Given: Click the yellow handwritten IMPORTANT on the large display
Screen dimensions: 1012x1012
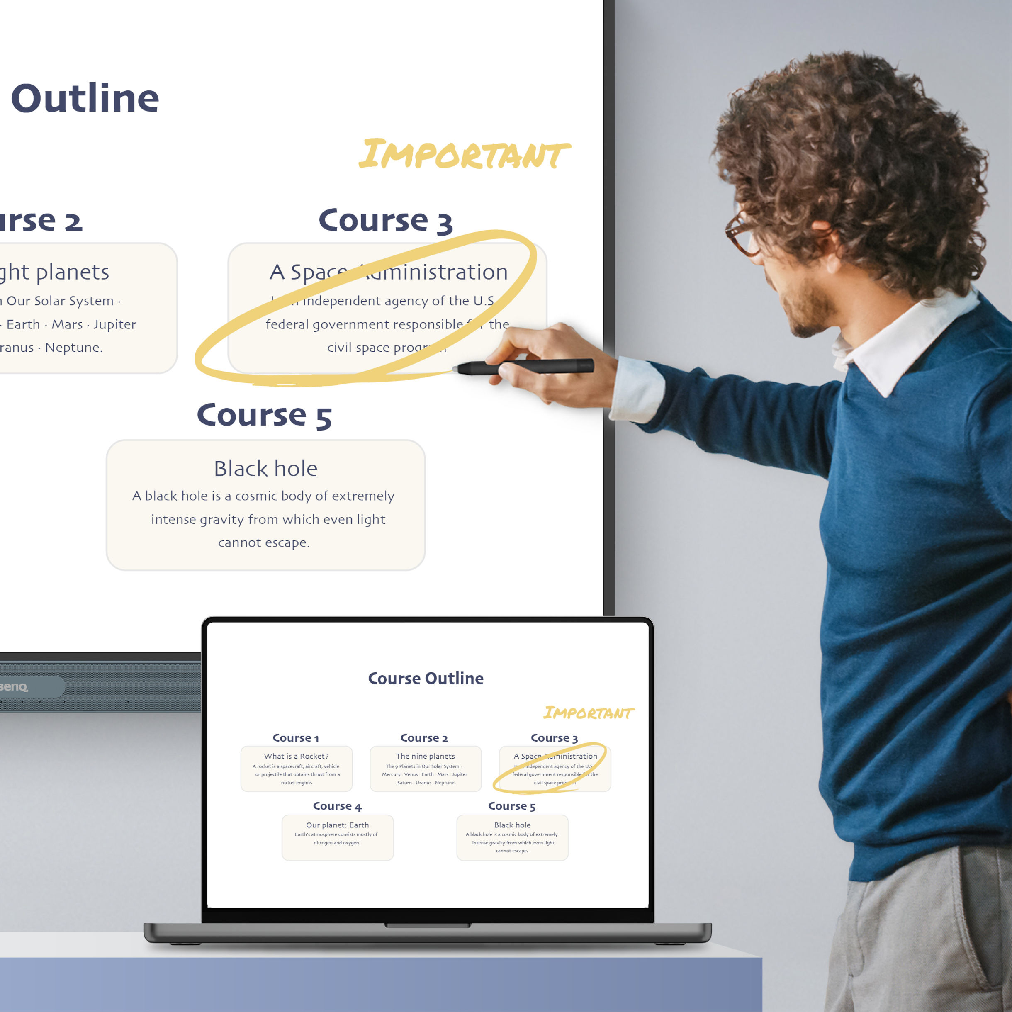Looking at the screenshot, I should (x=464, y=155).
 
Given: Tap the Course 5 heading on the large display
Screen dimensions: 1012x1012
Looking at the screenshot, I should (x=264, y=416).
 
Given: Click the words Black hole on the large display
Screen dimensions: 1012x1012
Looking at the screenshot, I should (x=265, y=469).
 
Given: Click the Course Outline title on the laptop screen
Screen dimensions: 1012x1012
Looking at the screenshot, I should (x=426, y=679).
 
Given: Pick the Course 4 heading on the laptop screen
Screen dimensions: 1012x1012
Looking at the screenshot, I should (x=337, y=806).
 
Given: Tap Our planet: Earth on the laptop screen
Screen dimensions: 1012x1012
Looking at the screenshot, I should (x=337, y=825).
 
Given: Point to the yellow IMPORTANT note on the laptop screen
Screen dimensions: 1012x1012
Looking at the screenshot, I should (x=588, y=713).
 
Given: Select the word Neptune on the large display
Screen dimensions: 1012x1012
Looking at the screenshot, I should (x=73, y=347).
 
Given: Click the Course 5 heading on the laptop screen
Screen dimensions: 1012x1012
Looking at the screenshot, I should (x=512, y=806).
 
